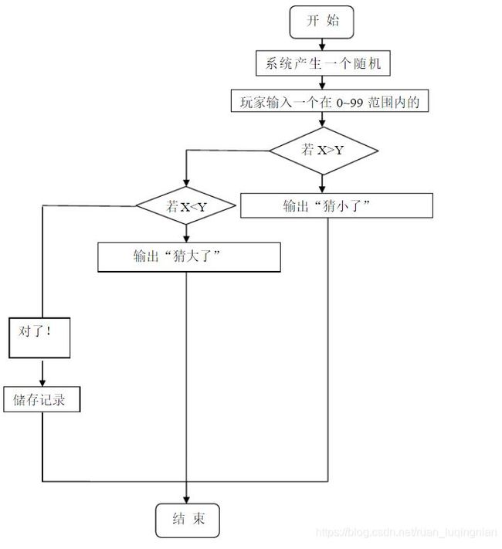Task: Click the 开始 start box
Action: [x=321, y=22]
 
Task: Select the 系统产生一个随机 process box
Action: [x=323, y=63]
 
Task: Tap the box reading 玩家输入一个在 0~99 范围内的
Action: [x=329, y=101]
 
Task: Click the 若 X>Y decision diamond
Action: [x=323, y=151]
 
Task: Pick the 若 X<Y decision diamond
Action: [x=186, y=205]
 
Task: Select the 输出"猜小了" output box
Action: [x=336, y=205]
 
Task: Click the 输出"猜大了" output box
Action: [x=188, y=257]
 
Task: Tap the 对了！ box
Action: [x=39, y=337]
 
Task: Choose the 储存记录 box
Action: [x=42, y=399]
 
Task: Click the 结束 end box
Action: [x=188, y=520]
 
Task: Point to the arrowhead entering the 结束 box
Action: [x=186, y=500]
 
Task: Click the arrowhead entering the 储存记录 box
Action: [x=42, y=382]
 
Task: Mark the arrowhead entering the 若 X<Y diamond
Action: [x=186, y=182]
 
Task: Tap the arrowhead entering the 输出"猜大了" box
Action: [x=186, y=238]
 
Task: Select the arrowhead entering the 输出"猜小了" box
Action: [x=322, y=188]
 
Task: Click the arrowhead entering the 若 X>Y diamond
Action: [x=322, y=123]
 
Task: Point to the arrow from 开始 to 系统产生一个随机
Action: [x=322, y=45]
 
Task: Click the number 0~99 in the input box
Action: [x=350, y=103]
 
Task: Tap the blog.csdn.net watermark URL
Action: [x=406, y=533]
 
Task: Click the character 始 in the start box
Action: [x=333, y=21]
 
